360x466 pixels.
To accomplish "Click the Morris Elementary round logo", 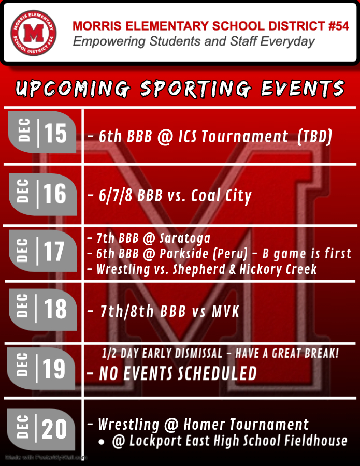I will pyautogui.click(x=34, y=34).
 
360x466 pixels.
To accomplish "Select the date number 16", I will pyautogui.click(x=55, y=194).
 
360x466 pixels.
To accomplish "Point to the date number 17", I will pyautogui.click(x=54, y=252).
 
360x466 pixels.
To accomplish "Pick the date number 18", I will pyautogui.click(x=55, y=310).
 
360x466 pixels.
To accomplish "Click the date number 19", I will pyautogui.click(x=54, y=369).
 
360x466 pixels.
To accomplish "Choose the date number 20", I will pyautogui.click(x=55, y=429).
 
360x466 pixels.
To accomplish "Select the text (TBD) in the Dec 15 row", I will pyautogui.click(x=315, y=137).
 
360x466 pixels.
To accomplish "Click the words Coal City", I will pyautogui.click(x=222, y=196).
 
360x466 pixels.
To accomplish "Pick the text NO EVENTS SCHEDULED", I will pyautogui.click(x=178, y=373).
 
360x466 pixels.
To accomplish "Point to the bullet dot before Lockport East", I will pyautogui.click(x=102, y=442).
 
